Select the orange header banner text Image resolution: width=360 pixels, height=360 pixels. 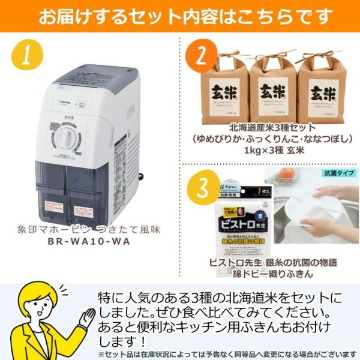(x=180, y=16)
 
